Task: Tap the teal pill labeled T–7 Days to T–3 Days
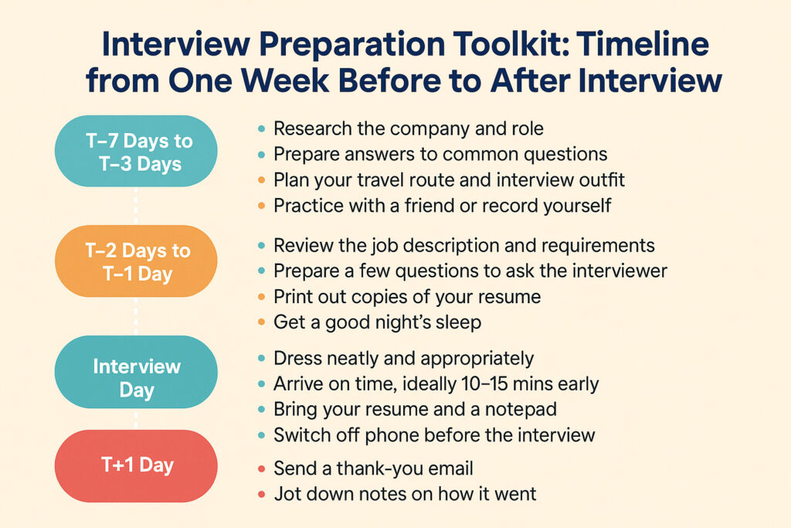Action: pyautogui.click(x=137, y=151)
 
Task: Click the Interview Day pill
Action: pyautogui.click(x=137, y=377)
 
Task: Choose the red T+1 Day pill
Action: pyautogui.click(x=137, y=465)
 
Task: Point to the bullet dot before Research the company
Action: pyautogui.click(x=261, y=129)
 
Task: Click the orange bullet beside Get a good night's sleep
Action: pyautogui.click(x=261, y=322)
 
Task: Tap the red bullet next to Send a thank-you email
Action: pyautogui.click(x=261, y=468)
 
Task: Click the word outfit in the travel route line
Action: pyautogui.click(x=598, y=180)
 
